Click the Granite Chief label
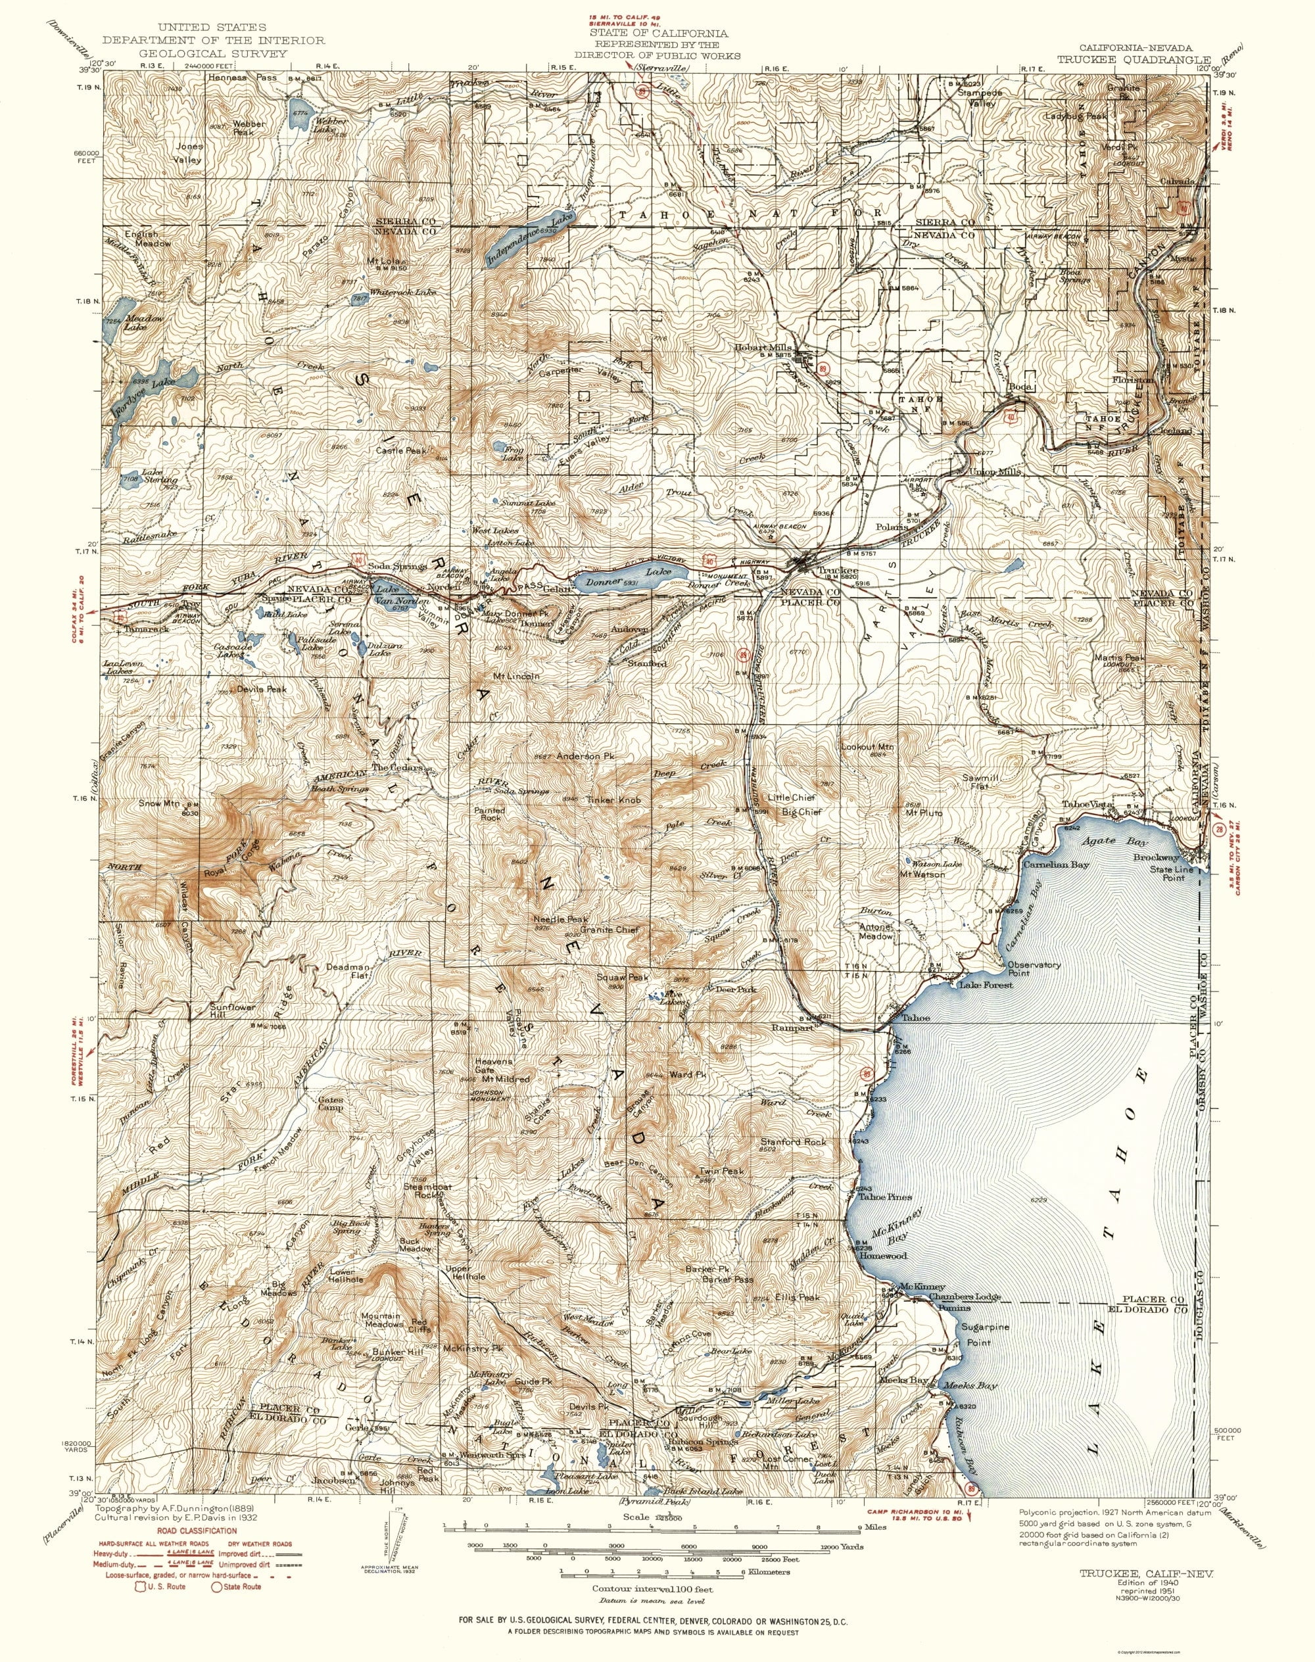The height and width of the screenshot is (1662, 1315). click(610, 929)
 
